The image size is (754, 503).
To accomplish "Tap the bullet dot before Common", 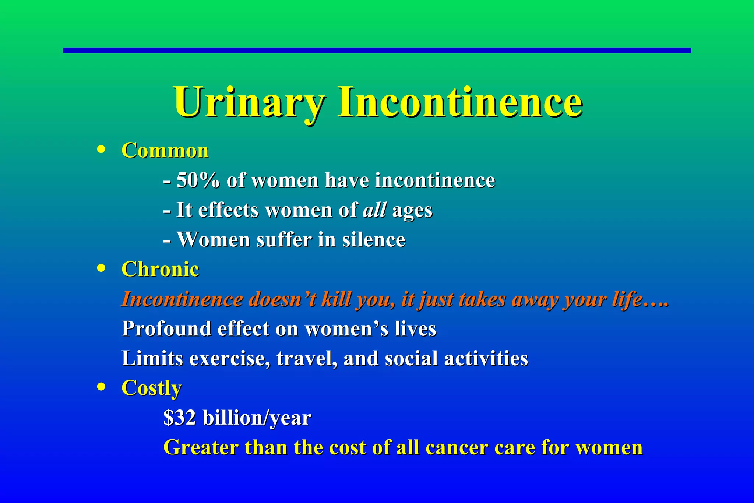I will (101, 150).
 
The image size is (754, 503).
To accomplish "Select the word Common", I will (165, 151).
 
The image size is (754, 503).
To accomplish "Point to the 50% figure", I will (198, 180).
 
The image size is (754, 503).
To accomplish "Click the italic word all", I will (374, 210).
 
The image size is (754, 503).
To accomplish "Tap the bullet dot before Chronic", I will (101, 268).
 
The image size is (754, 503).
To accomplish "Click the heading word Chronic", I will (160, 269).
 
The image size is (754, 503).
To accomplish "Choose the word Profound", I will (166, 328).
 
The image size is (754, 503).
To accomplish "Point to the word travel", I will (306, 358).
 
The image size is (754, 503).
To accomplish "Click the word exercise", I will (229, 358).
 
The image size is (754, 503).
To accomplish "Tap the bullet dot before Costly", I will (101, 387).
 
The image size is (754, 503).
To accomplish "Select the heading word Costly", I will (151, 388).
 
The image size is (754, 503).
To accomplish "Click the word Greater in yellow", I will (201, 448).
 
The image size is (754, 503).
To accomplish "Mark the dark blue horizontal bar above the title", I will (377, 50).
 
